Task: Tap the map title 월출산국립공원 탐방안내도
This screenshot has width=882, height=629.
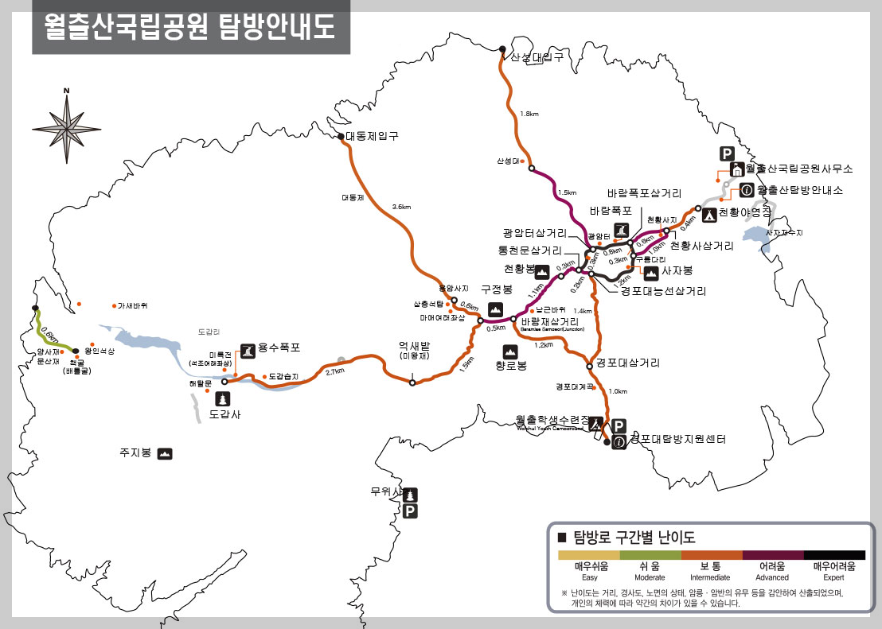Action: pos(190,27)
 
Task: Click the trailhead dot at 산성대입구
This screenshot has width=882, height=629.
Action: pos(502,49)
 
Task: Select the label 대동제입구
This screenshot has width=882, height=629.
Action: pos(372,137)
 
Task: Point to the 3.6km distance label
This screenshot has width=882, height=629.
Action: pos(401,208)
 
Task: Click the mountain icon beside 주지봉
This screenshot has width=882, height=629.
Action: pos(165,454)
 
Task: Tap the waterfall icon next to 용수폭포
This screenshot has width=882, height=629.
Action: pos(248,350)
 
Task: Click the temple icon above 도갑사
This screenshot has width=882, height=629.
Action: pos(224,398)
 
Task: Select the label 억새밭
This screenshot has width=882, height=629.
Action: pos(414,346)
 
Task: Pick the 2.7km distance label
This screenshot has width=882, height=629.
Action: pos(335,371)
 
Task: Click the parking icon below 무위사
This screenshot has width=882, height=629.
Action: pos(411,511)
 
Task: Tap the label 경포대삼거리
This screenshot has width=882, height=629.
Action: pos(628,363)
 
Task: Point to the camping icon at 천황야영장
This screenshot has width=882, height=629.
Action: pos(708,212)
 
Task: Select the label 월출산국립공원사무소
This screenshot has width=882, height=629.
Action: pos(799,169)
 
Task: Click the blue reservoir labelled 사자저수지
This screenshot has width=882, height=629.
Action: pos(757,235)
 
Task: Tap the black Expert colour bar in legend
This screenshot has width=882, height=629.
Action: pos(834,555)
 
